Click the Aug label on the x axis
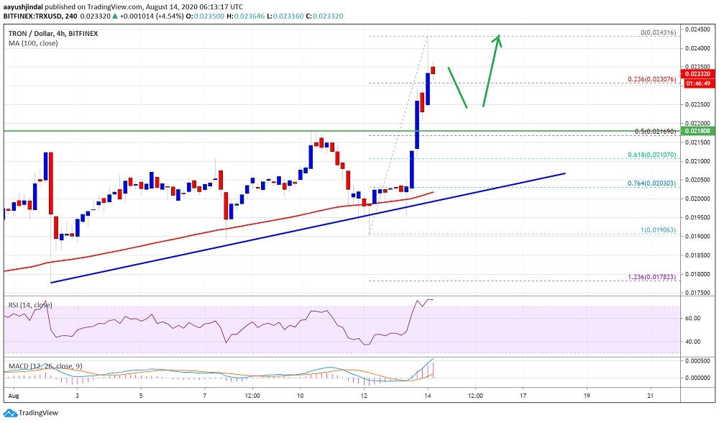tap(12, 396)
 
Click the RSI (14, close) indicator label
tap(30, 305)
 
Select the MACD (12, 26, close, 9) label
tap(45, 366)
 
